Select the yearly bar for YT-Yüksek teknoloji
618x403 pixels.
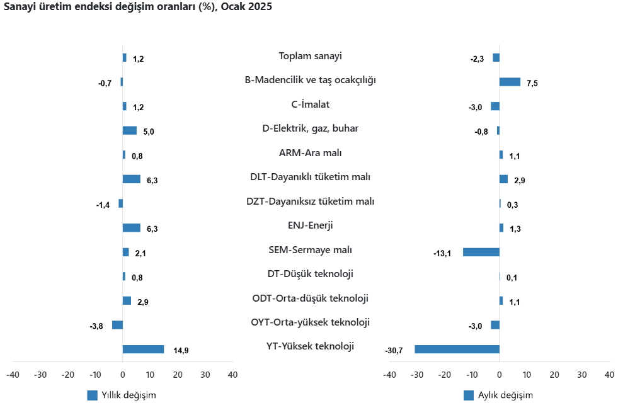coord(143,349)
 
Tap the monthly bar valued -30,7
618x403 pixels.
coord(457,349)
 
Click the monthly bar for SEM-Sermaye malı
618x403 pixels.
coord(481,252)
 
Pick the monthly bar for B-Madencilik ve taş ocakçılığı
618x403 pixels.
coord(510,82)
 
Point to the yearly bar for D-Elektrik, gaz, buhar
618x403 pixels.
coord(129,130)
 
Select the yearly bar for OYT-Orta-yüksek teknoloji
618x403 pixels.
coord(117,325)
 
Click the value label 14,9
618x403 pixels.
coord(181,351)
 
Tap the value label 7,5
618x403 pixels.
coord(532,83)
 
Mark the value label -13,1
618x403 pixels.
coord(442,253)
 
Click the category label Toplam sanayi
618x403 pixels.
coord(310,56)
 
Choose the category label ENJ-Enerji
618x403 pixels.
coord(310,225)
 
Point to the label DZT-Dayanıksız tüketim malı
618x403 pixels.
coord(310,201)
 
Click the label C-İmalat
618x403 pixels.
coord(310,105)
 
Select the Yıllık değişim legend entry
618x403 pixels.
coord(122,395)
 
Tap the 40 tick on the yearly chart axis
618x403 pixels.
coord(232,375)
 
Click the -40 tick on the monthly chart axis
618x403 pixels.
coord(389,375)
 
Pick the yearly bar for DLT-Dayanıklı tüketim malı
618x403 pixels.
coord(131,179)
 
